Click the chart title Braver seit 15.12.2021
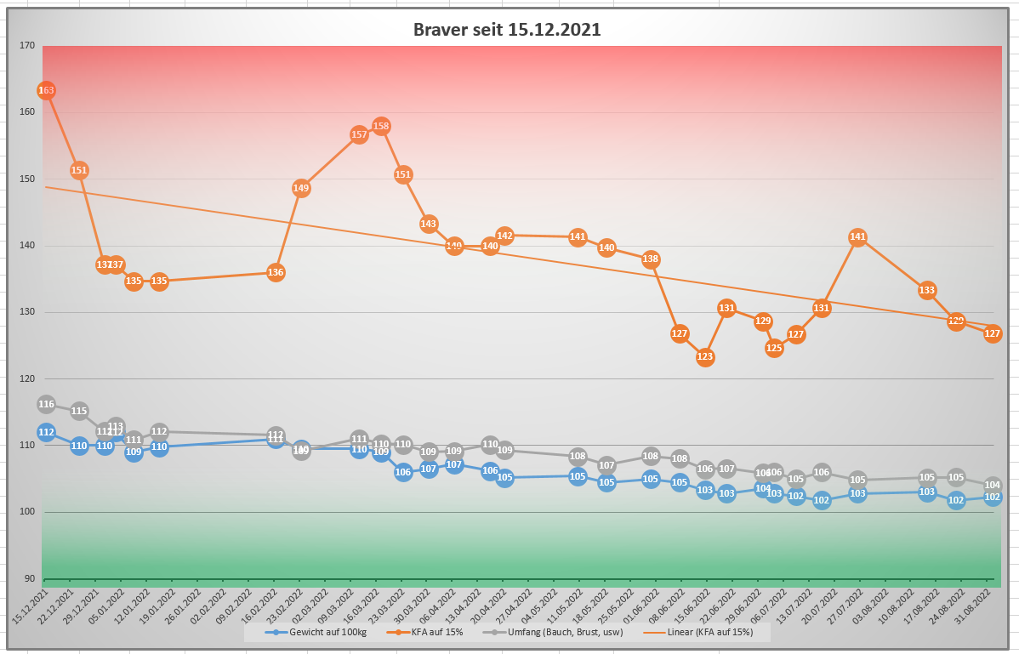(x=507, y=30)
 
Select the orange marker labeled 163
(x=46, y=90)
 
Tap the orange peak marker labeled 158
(x=381, y=127)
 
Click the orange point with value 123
(x=704, y=357)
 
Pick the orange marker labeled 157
(x=359, y=134)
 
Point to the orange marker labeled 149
(x=301, y=188)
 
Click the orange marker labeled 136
(x=276, y=273)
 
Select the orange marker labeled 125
(x=774, y=347)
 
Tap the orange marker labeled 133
(x=927, y=291)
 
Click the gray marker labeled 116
(x=46, y=405)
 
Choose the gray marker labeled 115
(x=79, y=412)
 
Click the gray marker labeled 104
(x=992, y=486)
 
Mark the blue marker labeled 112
(x=46, y=433)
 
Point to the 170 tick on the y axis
(x=27, y=46)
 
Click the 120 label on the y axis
(x=27, y=378)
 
